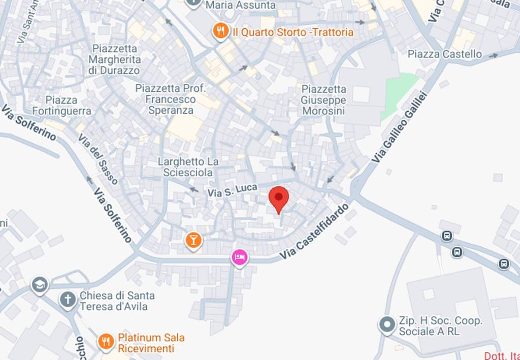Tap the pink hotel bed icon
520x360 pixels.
[239, 257]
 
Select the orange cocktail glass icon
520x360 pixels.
[193, 240]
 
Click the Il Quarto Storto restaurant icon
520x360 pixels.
[220, 32]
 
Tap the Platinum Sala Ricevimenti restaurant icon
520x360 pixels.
[106, 342]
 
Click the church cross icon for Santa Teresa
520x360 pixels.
[68, 300]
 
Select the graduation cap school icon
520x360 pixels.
[39, 285]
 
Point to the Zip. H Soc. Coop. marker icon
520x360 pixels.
[387, 324]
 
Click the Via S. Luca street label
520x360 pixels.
[229, 191]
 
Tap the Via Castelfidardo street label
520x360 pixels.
[315, 233]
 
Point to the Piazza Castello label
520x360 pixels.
[445, 54]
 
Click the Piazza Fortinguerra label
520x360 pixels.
[62, 105]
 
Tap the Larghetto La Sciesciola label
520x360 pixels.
[188, 167]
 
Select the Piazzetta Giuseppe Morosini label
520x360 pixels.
[323, 100]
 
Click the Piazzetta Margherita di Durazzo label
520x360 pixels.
[114, 59]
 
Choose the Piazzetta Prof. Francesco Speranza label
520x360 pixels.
[171, 99]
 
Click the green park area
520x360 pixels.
[399, 94]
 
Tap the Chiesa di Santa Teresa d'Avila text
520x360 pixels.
[117, 301]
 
